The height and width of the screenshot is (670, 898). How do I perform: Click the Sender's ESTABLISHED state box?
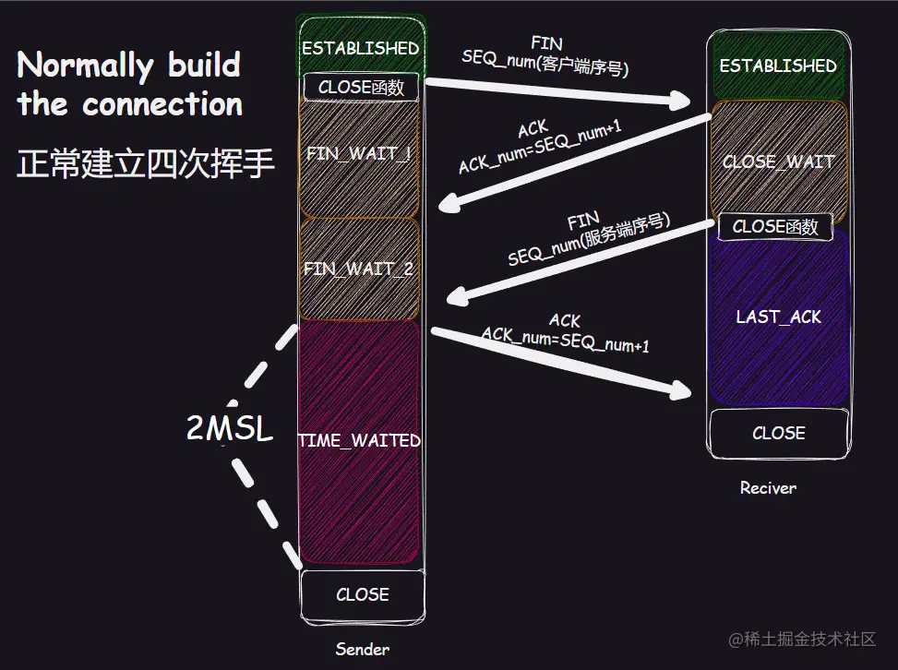(x=360, y=46)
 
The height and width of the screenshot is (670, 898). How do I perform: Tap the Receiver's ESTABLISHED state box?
(x=777, y=66)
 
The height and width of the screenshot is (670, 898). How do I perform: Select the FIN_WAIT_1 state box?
(x=359, y=154)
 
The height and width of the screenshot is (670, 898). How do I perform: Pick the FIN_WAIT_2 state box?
(x=359, y=269)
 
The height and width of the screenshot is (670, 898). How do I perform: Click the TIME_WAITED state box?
(x=359, y=441)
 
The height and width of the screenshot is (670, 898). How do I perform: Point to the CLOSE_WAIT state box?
(x=778, y=162)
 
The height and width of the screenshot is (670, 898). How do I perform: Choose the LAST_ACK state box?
(x=778, y=317)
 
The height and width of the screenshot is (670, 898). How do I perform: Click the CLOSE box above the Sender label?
(x=362, y=595)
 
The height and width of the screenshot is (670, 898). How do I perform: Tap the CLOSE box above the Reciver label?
(x=778, y=433)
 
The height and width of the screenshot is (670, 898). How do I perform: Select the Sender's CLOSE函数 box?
(x=361, y=88)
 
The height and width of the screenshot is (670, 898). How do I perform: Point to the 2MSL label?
(x=230, y=429)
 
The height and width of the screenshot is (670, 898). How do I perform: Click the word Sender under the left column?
(x=362, y=649)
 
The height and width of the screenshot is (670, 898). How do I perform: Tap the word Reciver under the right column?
(x=767, y=487)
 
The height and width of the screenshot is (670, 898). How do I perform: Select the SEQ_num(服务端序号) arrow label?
(x=589, y=240)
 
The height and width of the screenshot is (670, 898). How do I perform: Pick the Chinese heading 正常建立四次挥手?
(x=146, y=163)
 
